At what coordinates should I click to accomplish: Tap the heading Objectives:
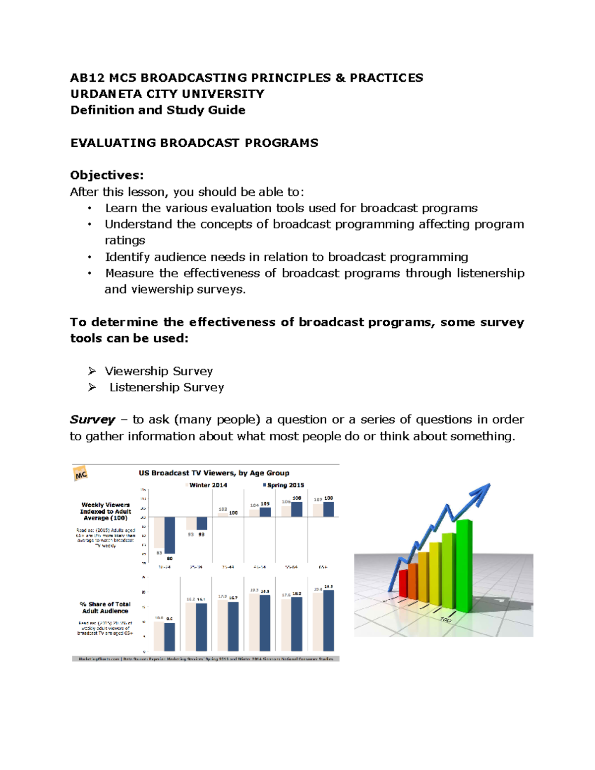(x=107, y=176)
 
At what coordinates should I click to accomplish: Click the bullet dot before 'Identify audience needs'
(x=90, y=257)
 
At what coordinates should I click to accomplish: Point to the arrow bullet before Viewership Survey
(x=92, y=371)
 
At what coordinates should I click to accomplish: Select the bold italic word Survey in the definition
(x=92, y=420)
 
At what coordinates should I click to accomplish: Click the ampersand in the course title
(x=340, y=78)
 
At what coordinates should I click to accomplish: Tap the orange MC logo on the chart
(x=81, y=474)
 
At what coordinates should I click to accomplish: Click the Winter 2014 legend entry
(x=207, y=485)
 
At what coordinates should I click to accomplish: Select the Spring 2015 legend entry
(x=284, y=485)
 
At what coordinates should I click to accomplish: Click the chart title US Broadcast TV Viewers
(x=214, y=473)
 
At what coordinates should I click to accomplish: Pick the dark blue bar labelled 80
(x=170, y=535)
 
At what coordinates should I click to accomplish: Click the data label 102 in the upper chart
(x=223, y=509)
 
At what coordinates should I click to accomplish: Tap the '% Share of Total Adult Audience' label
(x=105, y=607)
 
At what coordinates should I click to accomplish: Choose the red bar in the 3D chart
(x=403, y=584)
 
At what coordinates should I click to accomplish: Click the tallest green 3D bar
(x=464, y=565)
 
